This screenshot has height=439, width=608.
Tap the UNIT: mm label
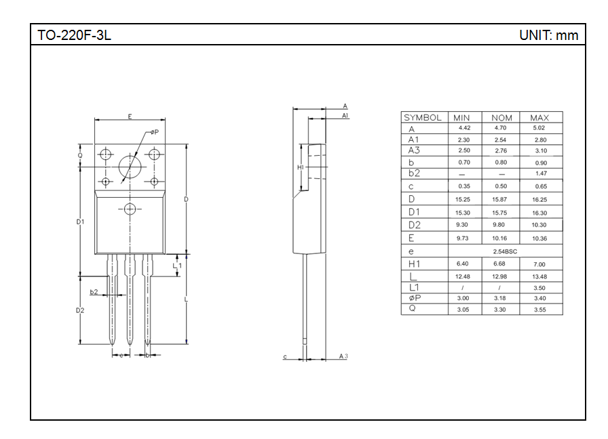(x=548, y=35)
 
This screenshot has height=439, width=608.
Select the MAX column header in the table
(x=539, y=117)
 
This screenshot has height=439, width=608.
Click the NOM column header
(x=501, y=117)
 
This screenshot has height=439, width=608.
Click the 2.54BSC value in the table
(x=501, y=251)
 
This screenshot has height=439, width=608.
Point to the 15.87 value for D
(x=501, y=200)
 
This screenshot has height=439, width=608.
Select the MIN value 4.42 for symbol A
(x=464, y=128)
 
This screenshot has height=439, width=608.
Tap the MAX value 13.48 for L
(x=539, y=276)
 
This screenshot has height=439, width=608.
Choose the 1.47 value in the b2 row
(x=540, y=174)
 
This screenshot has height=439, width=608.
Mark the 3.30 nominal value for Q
(x=501, y=310)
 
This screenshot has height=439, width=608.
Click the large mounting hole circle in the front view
(x=130, y=167)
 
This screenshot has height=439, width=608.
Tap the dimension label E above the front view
(x=130, y=117)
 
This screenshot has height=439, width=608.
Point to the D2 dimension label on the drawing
(x=80, y=310)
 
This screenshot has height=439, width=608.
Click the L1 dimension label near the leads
(x=177, y=266)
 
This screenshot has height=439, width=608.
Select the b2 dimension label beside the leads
(x=94, y=292)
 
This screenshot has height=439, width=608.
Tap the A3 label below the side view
(x=343, y=356)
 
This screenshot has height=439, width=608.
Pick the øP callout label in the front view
(x=154, y=132)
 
